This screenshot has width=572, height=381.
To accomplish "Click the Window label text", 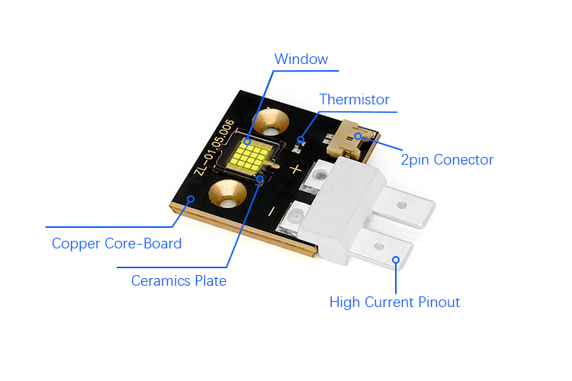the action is pos(301,59).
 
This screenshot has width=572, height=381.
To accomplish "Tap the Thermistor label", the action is pos(354,100).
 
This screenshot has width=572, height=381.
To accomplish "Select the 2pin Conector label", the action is pos(447,160).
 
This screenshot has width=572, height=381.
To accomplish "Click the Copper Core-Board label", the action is pos(117,244).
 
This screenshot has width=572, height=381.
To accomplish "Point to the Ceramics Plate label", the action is pos(178,280).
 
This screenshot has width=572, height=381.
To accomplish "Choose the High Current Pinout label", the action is pos(394,303).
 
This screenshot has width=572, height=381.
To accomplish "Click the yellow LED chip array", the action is pos(250,157).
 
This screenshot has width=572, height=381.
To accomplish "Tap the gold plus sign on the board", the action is pos(295,169).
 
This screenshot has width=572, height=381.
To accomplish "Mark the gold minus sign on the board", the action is pos(272,211).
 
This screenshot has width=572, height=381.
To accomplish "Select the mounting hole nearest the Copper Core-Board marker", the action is pos(227,194).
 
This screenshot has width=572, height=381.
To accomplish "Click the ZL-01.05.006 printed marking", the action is pos(214,147).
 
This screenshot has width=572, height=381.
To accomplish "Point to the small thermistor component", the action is pos(299,146).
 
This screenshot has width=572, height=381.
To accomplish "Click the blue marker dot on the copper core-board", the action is pos(191,199).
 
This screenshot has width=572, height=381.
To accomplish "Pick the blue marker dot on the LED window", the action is pos(247,141).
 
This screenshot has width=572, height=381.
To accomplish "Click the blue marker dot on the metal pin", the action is pos(396,260).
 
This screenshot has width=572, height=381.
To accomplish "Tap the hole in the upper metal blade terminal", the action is pos(402,205).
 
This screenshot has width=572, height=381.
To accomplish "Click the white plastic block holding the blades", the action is pos(341,208).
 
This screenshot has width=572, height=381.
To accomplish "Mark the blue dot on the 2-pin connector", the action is pos(358,136).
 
